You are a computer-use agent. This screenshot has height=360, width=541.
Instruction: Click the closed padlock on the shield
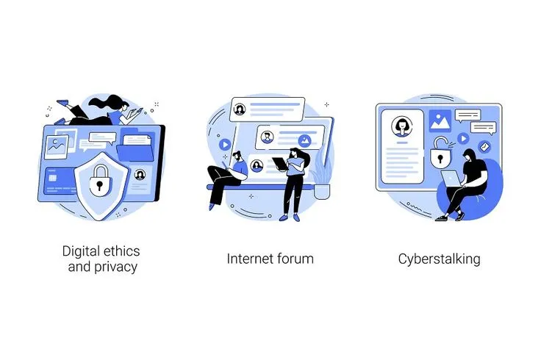[101, 179]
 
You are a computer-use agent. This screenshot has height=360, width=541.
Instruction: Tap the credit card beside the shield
[60, 181]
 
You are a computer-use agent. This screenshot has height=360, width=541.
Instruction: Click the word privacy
[115, 267]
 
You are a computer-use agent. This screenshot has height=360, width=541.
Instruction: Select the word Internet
[248, 259]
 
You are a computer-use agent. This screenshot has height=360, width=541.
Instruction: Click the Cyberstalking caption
[440, 259]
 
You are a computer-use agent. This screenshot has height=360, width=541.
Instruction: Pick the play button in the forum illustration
[225, 145]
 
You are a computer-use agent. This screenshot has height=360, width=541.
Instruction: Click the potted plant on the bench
[321, 176]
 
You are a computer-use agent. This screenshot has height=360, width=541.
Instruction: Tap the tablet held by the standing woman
[280, 164]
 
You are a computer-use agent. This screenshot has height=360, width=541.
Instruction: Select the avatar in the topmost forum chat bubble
[240, 109]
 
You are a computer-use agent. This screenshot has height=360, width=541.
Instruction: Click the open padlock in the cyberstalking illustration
[440, 152]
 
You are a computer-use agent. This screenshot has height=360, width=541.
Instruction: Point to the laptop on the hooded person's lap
[451, 179]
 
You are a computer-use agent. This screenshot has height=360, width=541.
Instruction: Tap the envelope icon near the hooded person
[484, 147]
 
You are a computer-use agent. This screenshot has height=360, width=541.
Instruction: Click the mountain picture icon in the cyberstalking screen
[440, 120]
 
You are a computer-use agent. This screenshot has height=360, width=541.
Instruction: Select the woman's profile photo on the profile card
[402, 126]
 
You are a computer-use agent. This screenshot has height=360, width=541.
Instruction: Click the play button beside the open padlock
[463, 139]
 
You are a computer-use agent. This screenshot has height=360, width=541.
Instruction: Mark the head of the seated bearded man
[237, 156]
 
